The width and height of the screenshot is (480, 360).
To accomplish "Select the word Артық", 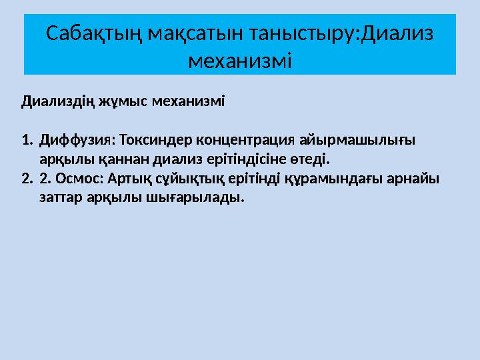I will [x=123, y=179].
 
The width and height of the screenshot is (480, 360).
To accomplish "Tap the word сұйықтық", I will [x=180, y=179].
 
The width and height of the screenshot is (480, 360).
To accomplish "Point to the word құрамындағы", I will [x=328, y=179].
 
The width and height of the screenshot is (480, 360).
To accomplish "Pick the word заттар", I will [x=59, y=198].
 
